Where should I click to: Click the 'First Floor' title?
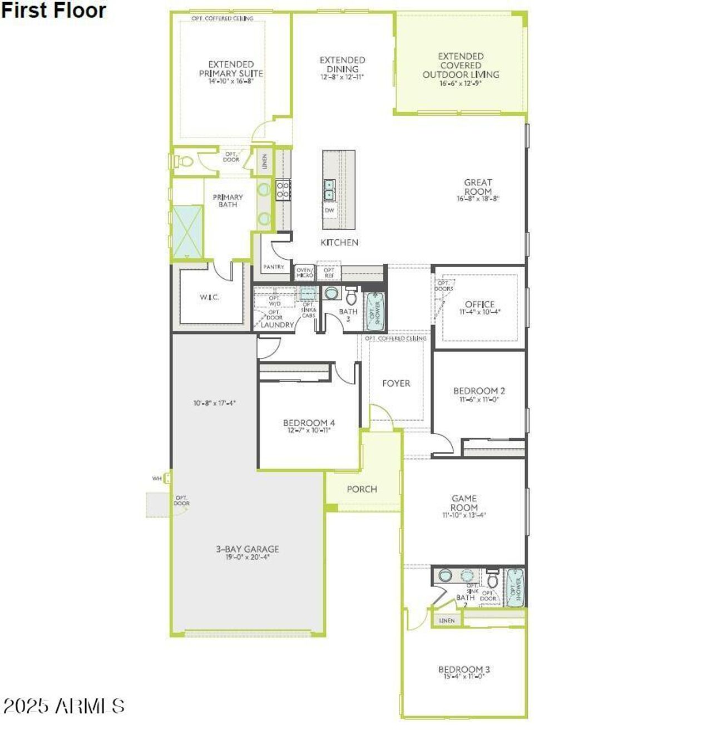point(53,11)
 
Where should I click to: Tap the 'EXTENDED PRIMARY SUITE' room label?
point(231,69)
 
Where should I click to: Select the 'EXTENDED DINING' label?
point(342,65)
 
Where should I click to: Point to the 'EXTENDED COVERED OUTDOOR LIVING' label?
point(461,66)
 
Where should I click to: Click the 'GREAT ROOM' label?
point(478,187)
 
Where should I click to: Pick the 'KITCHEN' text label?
point(339,243)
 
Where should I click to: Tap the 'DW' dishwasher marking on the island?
point(329,210)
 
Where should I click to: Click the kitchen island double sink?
point(329,189)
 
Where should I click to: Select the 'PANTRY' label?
point(273,267)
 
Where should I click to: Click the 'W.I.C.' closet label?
point(209,298)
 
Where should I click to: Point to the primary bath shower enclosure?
point(187,231)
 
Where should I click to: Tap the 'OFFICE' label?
point(479,305)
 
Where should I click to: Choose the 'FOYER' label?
point(396,383)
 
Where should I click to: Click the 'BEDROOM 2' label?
point(479,391)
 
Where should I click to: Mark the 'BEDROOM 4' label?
point(309,423)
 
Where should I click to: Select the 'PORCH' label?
point(362,489)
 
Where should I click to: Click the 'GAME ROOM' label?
point(464,503)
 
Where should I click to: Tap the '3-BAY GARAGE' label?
point(248,549)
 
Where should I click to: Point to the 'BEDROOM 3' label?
point(464,670)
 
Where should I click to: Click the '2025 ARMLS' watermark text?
point(63,706)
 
